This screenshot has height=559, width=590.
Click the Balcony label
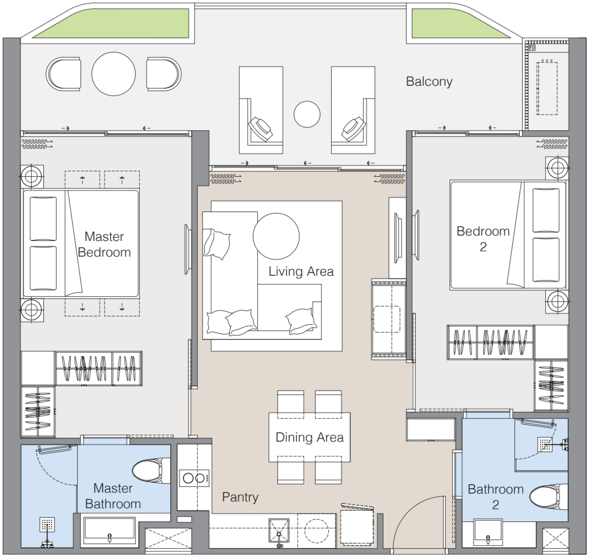coord(429,81)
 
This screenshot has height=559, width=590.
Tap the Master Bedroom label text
coord(104,244)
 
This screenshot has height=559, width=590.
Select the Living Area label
coord(301,271)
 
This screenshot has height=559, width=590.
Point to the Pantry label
coord(240,497)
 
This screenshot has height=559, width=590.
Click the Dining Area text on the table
coord(309,437)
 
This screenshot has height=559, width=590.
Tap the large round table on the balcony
coord(113,74)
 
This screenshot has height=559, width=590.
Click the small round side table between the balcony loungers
coord(307,114)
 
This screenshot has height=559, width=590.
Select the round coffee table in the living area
coord(276,236)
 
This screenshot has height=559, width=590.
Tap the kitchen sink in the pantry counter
coord(279,531)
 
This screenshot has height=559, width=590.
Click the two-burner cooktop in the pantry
coord(194,478)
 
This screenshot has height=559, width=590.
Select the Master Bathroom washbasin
coord(109,530)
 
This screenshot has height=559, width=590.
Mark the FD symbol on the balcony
coord(532,48)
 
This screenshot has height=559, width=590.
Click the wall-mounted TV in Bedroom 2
coord(416,235)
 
